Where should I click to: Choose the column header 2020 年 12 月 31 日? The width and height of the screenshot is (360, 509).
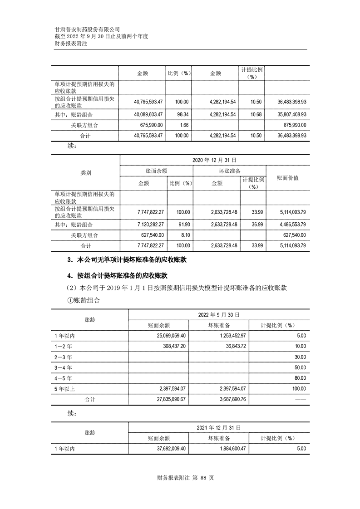coord(214,160)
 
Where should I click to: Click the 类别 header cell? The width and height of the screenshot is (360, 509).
coord(85,173)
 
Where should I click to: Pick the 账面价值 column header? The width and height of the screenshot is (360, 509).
coord(288,178)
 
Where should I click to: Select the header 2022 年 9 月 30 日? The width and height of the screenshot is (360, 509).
coord(218,315)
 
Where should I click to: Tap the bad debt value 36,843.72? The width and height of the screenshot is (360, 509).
coord(232,346)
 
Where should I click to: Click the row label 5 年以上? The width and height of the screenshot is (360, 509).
coord(64,389)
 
